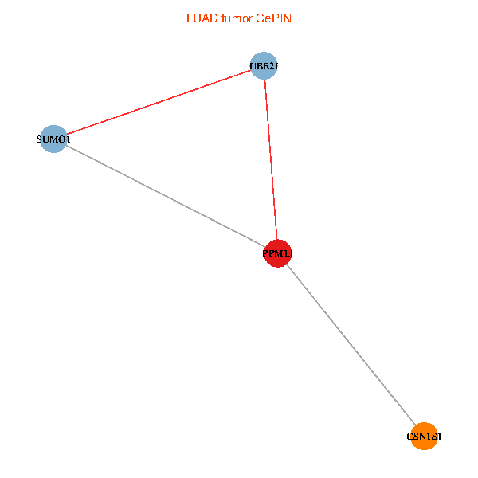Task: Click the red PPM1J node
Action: coord(277,253)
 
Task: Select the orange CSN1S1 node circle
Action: coord(425,436)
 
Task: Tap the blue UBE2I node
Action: coord(264,65)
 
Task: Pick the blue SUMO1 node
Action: coord(53,139)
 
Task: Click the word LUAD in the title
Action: coord(201,18)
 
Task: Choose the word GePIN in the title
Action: coord(273,18)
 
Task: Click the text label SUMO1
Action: coord(53,140)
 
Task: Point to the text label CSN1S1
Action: coord(425,437)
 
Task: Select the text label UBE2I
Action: coord(264,66)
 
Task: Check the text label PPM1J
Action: coord(278,254)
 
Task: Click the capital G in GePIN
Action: coord(261,18)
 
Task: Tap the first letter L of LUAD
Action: coord(190,18)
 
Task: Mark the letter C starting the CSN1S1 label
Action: coord(410,437)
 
